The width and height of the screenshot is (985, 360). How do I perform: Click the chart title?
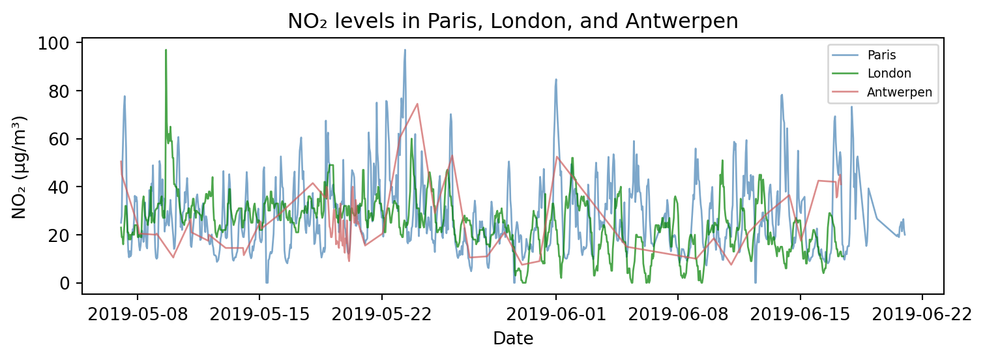tap(512, 22)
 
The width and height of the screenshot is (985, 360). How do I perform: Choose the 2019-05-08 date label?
tap(138, 314)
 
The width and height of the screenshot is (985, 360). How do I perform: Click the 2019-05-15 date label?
tap(259, 314)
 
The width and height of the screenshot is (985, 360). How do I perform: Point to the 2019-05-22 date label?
tap(381, 314)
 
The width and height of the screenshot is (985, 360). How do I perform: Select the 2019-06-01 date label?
tap(556, 314)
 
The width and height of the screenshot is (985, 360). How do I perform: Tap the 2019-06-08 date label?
tap(678, 314)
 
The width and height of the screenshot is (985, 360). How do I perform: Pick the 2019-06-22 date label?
tap(922, 314)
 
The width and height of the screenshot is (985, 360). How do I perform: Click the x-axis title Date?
tap(513, 338)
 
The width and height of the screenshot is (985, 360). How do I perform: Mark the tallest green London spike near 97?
tap(166, 50)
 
